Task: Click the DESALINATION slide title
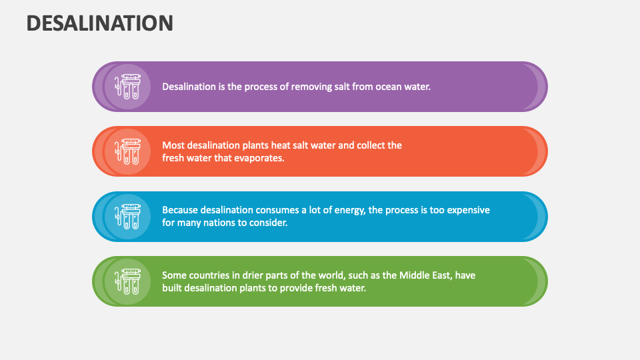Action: (100, 23)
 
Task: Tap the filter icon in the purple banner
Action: (127, 87)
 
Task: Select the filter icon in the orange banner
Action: (127, 151)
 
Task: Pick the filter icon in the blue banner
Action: (127, 216)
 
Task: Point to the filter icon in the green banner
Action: (127, 281)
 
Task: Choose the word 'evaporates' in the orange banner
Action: (261, 158)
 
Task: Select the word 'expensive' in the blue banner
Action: (468, 209)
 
